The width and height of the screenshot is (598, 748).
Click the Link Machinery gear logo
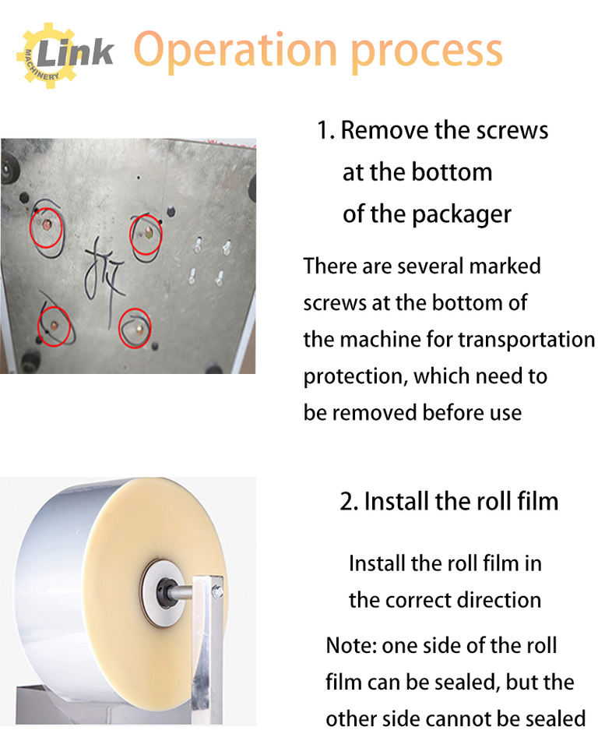tap(65, 55)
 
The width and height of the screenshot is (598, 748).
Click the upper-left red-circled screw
tap(47, 224)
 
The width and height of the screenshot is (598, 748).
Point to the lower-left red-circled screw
tap(55, 326)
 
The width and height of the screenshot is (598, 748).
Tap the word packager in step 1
tap(462, 215)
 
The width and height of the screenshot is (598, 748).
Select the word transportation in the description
tap(526, 340)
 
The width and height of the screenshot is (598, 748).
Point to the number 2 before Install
tap(346, 502)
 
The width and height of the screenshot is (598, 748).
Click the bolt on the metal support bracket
tap(218, 592)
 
